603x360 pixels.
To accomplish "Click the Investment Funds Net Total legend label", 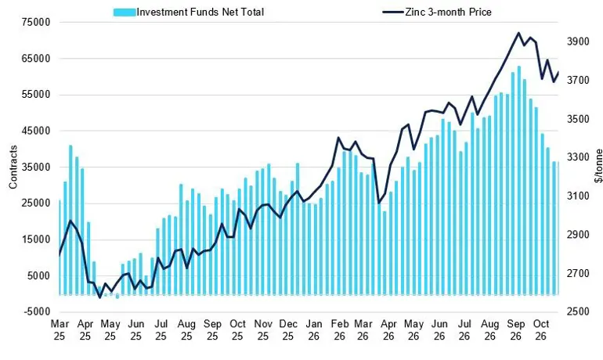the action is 200,13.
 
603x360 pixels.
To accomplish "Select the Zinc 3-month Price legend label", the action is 448,13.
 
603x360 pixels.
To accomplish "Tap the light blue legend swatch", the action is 125,13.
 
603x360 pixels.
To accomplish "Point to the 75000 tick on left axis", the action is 37,22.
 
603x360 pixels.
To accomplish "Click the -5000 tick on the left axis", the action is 38,311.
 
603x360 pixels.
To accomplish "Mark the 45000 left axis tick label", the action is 37,131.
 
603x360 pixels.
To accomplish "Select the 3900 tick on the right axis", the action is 578,41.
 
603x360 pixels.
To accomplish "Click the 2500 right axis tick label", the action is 578,311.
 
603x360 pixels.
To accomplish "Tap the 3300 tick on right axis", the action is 578,157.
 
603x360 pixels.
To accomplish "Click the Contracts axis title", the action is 13,167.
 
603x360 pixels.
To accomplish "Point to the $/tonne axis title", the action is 598,166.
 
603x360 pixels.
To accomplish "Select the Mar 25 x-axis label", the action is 60,330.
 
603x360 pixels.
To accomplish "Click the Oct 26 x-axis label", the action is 540,330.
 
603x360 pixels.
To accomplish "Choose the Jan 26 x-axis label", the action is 314,330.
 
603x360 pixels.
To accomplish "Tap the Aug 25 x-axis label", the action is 186,330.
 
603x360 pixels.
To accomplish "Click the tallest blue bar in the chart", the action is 518,180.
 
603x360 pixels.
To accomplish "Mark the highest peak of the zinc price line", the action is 518,33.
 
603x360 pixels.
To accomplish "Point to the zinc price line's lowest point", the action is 100,297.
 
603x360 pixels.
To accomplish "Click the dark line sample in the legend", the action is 393,13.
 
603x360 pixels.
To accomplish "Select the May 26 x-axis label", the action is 413,330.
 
